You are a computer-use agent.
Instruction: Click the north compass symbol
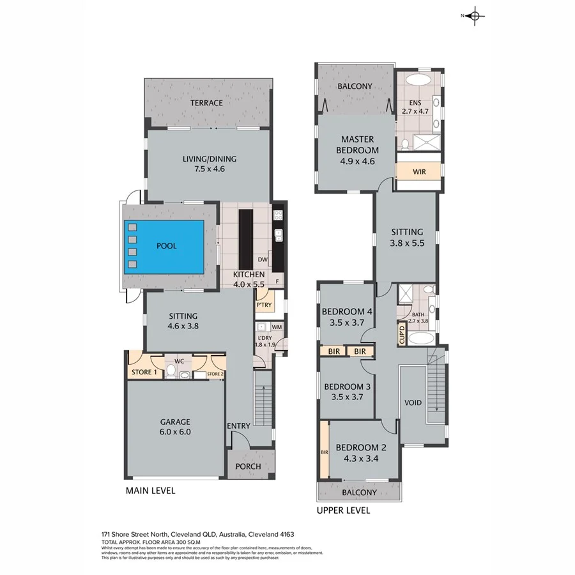473,17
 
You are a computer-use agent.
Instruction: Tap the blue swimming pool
164,248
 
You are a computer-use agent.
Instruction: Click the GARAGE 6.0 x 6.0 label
175,427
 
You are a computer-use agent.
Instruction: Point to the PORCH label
248,466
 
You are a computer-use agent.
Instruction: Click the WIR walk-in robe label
418,172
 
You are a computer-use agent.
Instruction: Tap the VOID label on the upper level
413,403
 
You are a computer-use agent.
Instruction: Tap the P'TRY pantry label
264,305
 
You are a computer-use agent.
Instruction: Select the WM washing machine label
277,328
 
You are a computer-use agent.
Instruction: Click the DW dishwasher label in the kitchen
262,260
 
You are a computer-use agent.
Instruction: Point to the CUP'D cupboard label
402,333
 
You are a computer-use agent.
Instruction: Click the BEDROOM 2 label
358,452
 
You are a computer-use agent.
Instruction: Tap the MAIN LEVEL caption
150,491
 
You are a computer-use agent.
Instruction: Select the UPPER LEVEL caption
343,510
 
